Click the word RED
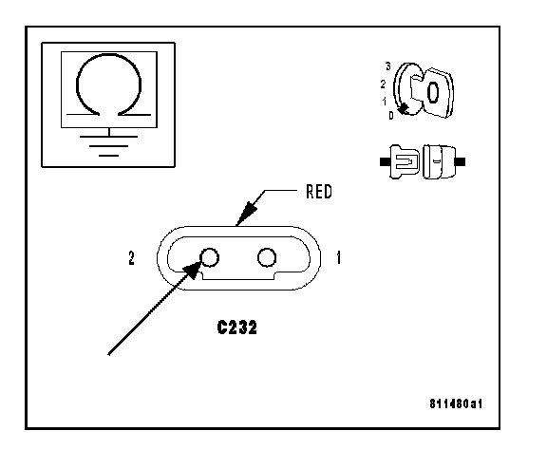click(x=319, y=192)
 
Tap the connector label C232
click(x=236, y=328)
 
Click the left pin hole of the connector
click(x=210, y=257)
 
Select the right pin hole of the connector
click(x=267, y=257)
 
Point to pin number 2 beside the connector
click(x=131, y=258)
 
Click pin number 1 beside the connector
click(x=338, y=258)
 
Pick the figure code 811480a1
click(x=456, y=403)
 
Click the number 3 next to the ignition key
click(x=387, y=66)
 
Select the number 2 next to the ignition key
click(x=383, y=84)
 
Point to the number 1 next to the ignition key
click(x=385, y=102)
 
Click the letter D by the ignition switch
click(x=391, y=116)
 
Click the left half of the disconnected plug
click(x=400, y=161)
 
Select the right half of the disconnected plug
click(x=443, y=161)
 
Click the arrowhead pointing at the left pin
click(x=193, y=271)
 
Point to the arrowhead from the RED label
click(x=247, y=215)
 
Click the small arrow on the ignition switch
click(x=403, y=109)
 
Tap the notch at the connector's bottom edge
click(x=239, y=275)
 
